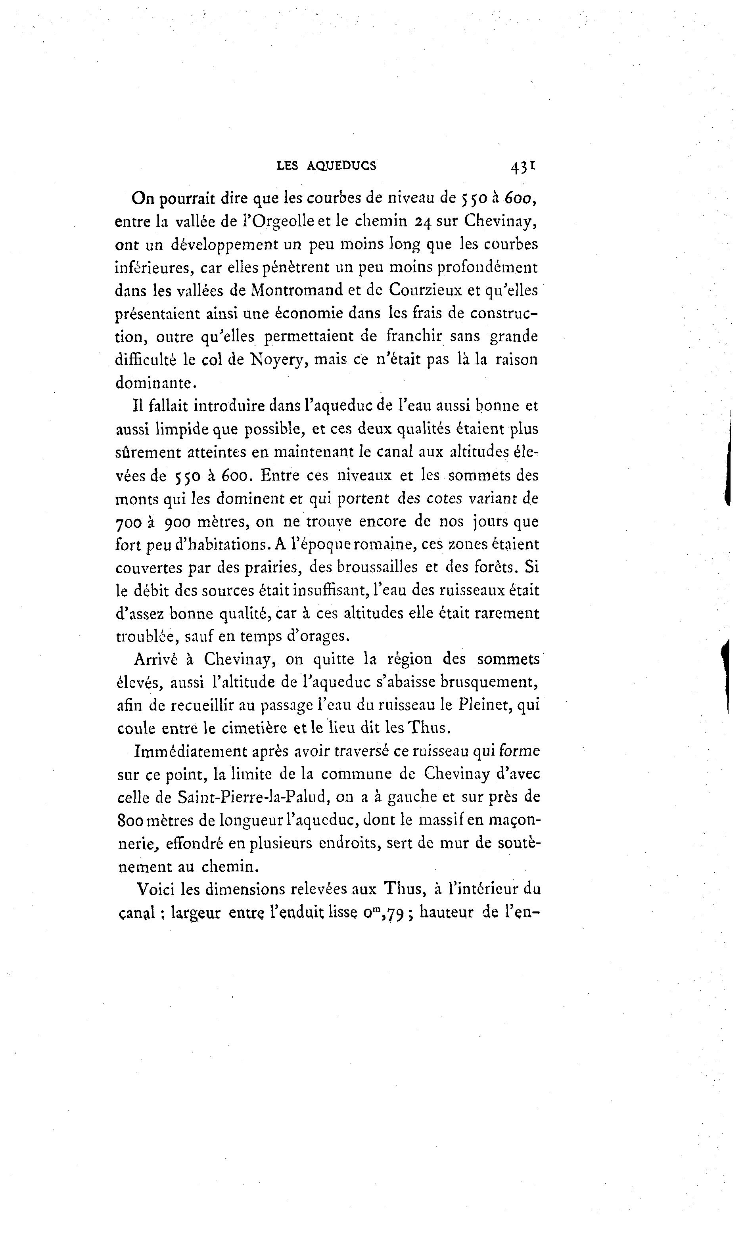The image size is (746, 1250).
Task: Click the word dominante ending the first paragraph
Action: (154, 383)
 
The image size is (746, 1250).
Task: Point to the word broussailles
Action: (378, 568)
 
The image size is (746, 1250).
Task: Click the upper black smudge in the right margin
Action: (727, 457)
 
